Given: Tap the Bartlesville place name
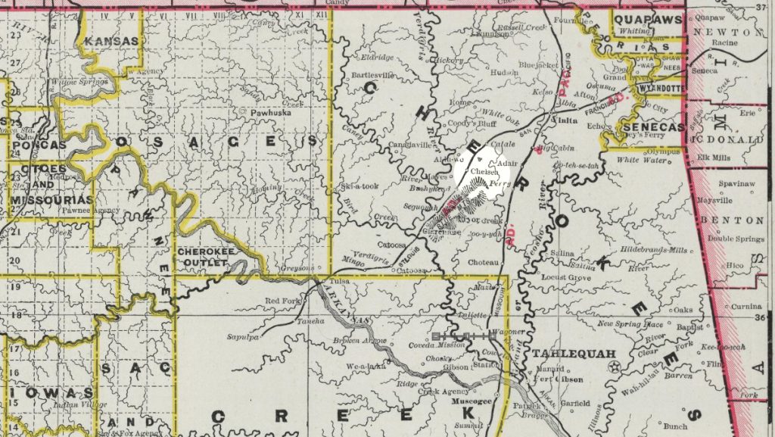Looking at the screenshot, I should click(x=376, y=76).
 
